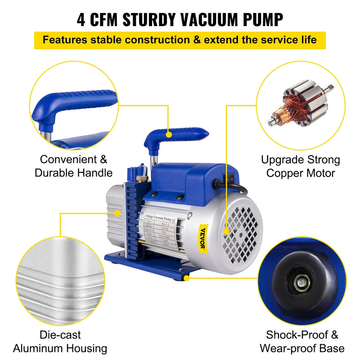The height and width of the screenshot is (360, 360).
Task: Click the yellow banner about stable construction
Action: [x=180, y=39]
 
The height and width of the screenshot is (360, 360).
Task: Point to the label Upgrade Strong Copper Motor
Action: [x=301, y=166]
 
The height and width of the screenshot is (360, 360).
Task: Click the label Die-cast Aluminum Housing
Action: [x=60, y=342]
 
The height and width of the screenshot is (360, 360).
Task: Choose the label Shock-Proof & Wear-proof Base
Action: [x=302, y=342]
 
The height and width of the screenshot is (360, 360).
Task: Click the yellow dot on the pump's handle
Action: [x=168, y=134]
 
